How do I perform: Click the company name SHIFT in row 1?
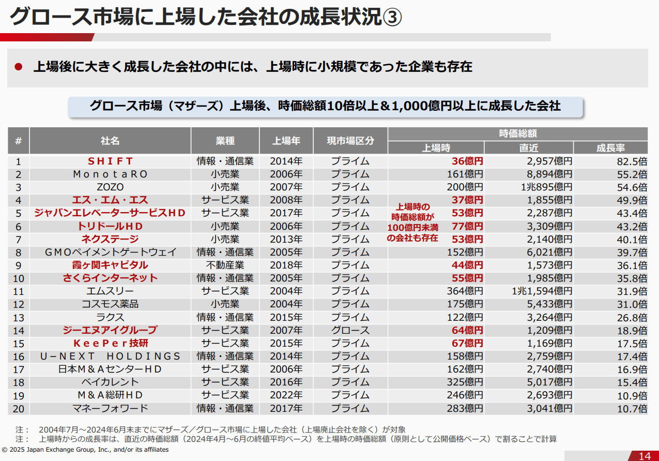110,161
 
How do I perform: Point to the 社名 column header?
110,141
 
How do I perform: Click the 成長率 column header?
610,148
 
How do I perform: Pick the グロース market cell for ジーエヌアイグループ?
350,330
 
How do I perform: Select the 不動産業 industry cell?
225,265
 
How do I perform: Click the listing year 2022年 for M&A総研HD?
286,395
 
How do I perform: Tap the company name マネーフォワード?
110,408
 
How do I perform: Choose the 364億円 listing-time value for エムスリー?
465,291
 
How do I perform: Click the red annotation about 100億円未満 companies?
412,222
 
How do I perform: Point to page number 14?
645,456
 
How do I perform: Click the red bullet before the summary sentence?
19,67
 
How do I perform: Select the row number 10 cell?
19,278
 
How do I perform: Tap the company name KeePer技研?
110,343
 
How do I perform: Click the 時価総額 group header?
517,133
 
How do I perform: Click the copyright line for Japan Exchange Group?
85,450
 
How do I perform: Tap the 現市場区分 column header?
350,141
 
